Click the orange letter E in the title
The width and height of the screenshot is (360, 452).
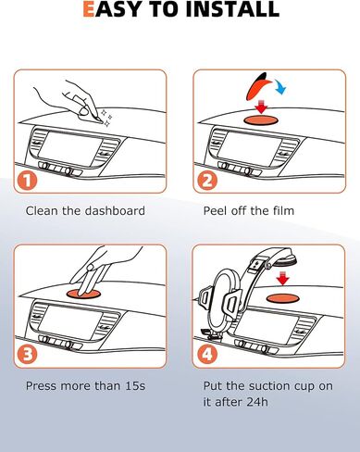89,8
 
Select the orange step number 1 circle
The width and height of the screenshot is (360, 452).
27,181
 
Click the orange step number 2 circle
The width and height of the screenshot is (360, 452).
207,181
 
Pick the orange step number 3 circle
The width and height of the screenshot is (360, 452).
27,355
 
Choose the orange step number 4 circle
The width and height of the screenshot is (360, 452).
207,355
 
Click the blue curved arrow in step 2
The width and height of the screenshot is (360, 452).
280,86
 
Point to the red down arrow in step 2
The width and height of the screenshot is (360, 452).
262,107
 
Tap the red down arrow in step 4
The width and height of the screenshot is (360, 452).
282,279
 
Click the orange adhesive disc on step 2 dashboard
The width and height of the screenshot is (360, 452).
261,120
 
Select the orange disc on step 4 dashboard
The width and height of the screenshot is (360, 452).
283,298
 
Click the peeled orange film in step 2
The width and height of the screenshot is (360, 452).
257,86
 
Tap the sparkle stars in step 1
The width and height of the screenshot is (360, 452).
106,118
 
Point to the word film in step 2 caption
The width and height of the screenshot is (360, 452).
283,210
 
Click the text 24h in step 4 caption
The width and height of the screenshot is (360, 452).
257,402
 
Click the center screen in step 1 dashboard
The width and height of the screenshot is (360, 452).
70,145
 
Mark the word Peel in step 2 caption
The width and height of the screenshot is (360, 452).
214,210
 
